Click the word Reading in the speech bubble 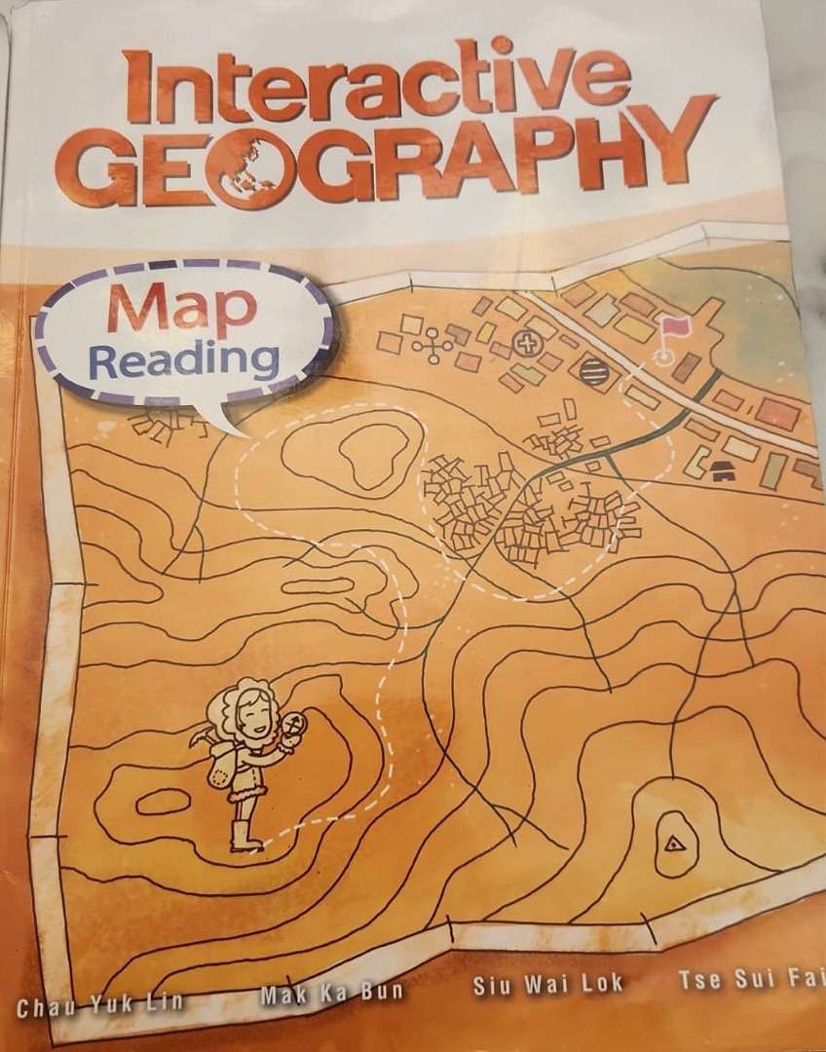184,359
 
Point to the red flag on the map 672,331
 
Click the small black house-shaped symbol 722,470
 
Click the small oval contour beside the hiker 162,801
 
